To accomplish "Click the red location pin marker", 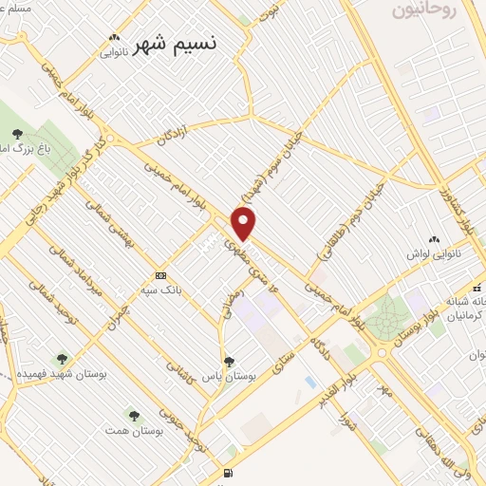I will [x=245, y=223].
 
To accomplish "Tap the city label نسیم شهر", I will [x=175, y=45].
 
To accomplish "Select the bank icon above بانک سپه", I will [x=160, y=275].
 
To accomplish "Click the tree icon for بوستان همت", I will [x=133, y=416].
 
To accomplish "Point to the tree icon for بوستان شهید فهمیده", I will [x=62, y=359].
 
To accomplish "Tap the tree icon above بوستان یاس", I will [x=229, y=360].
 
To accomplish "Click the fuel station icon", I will [x=227, y=474].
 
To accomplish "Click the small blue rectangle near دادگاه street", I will [x=310, y=382].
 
